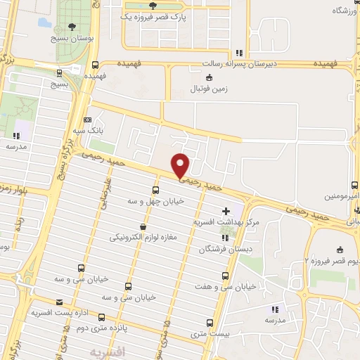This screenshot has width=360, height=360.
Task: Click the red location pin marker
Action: [x=181, y=165]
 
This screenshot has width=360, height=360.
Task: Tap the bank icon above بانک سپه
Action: [x=88, y=120]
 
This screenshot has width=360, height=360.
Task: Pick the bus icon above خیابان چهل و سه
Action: [x=155, y=190]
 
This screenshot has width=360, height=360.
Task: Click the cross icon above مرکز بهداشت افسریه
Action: [x=225, y=210]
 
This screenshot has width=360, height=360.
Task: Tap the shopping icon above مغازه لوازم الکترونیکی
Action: [x=143, y=226]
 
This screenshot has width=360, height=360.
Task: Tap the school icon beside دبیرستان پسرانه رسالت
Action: [x=240, y=52]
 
